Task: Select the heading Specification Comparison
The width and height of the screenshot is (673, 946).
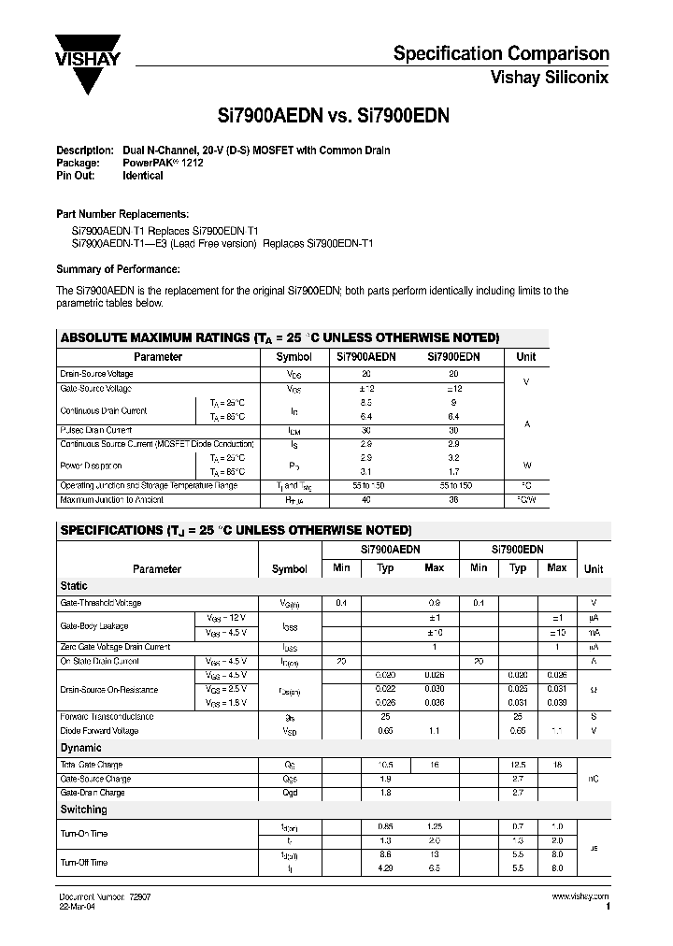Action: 501,54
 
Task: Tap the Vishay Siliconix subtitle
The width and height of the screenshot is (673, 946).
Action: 550,79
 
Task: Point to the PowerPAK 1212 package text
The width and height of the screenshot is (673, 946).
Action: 163,163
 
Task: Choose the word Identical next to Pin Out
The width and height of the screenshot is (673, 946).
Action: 143,176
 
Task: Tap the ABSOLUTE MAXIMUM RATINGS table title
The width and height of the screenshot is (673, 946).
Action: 279,337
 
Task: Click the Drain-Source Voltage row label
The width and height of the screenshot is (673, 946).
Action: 96,374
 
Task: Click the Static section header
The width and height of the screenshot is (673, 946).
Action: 74,586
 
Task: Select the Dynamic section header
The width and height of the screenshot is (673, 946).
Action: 80,749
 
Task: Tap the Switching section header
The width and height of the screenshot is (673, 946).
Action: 83,810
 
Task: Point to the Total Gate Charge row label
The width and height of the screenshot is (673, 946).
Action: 92,765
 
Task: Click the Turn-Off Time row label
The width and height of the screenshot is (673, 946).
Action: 84,863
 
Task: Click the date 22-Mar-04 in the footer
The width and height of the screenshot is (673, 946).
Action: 78,906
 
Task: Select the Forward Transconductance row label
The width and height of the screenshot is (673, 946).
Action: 106,717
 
